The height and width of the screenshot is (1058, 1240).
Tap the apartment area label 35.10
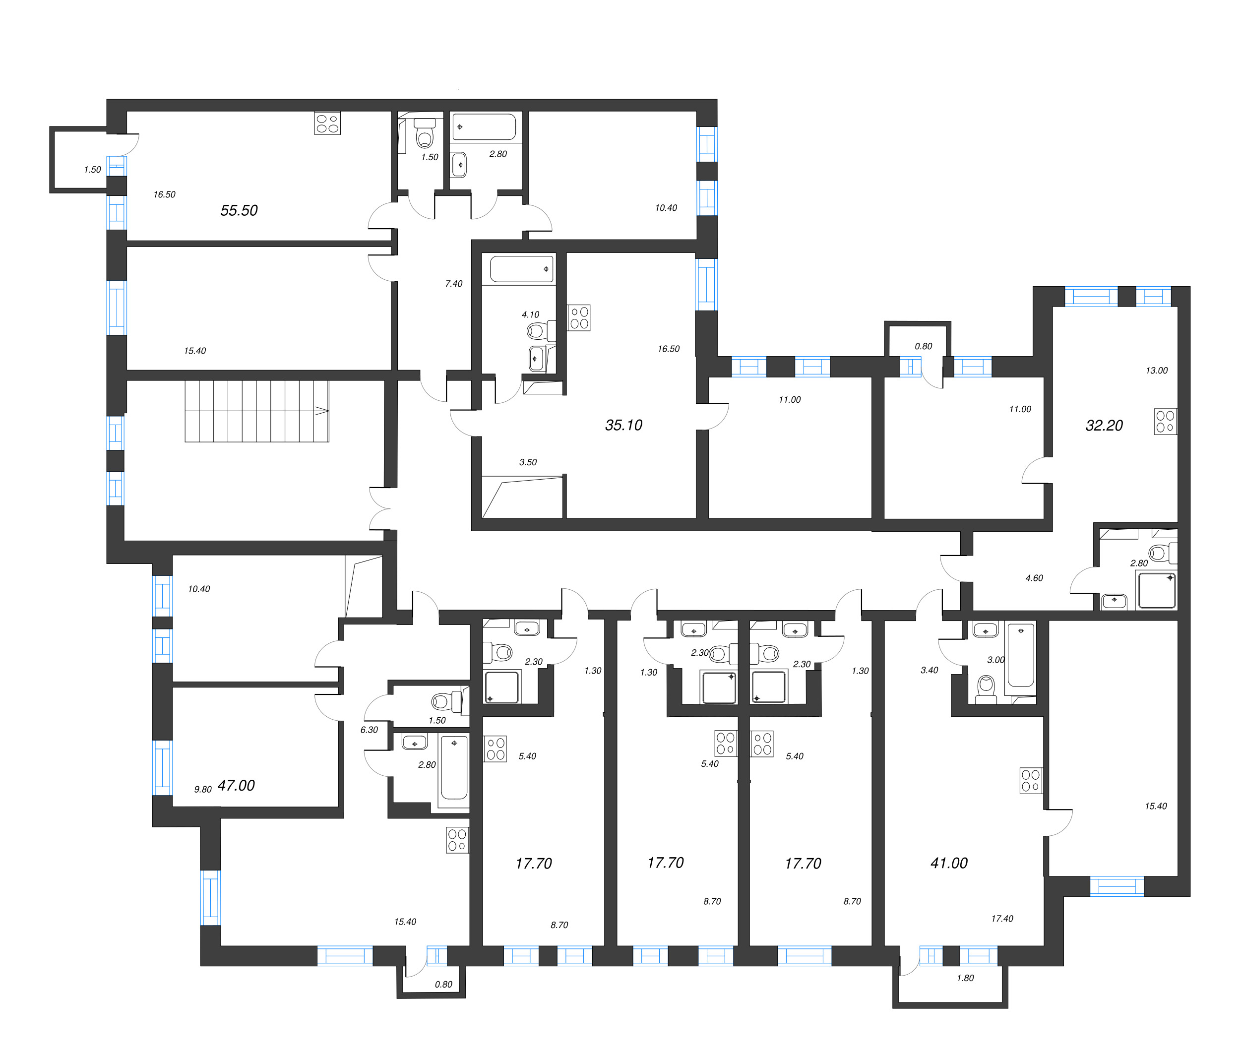coord(623,425)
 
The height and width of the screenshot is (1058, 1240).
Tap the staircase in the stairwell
coord(257,411)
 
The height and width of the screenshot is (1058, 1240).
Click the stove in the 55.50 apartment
coord(327,124)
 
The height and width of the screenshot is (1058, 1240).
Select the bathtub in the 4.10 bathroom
coord(521,269)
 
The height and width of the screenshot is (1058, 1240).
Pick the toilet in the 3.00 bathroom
coord(986,687)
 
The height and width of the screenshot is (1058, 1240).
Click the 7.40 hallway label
coord(454,284)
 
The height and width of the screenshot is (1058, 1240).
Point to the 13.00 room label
coord(1156,371)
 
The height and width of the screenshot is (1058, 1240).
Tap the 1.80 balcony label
coord(965,978)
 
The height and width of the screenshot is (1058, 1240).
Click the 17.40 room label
coord(1002,919)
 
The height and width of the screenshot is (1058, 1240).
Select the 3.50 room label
coord(528,462)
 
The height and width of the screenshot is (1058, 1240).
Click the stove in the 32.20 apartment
coord(1165,421)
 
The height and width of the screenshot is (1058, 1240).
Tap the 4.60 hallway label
coord(1034,578)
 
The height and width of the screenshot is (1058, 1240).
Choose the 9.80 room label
coord(203,789)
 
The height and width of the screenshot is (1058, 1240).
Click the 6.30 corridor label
coord(369,730)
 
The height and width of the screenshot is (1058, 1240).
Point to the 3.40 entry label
coord(929,670)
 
